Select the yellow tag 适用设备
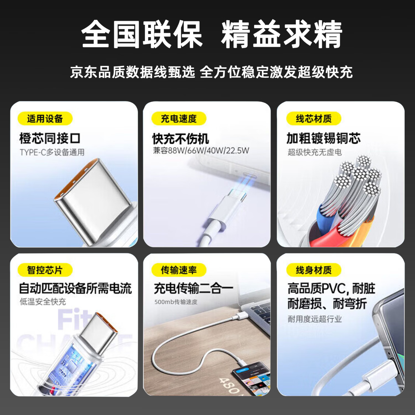pyautogui.click(x=45, y=119)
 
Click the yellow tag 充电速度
pyautogui.click(x=179, y=119)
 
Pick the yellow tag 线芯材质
pyautogui.click(x=313, y=119)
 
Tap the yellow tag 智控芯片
pyautogui.click(x=45, y=270)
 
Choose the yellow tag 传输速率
pyautogui.click(x=179, y=270)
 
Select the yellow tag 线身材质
pyautogui.click(x=313, y=270)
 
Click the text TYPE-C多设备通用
pyautogui.click(x=52, y=152)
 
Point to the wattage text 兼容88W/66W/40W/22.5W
pyautogui.click(x=201, y=151)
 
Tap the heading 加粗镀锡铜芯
pyautogui.click(x=323, y=138)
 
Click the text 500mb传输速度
pyautogui.click(x=176, y=302)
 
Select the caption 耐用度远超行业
pyautogui.click(x=315, y=319)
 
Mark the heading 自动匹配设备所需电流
pyautogui.click(x=75, y=289)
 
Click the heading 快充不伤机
pyautogui.click(x=180, y=139)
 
